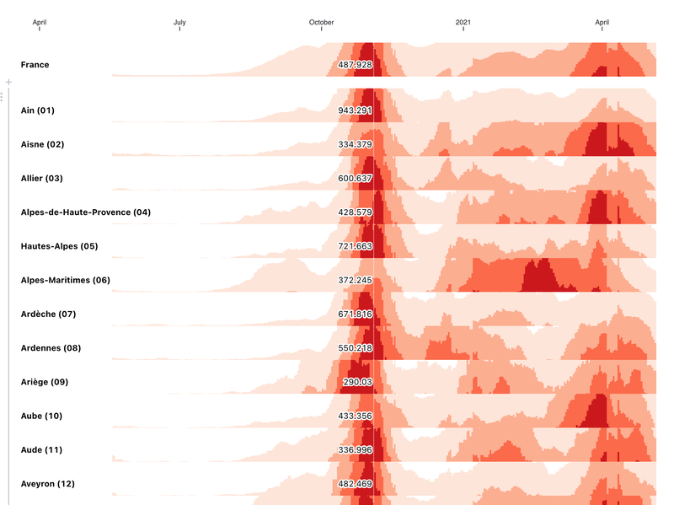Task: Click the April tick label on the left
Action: pyautogui.click(x=39, y=23)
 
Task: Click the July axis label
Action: pyautogui.click(x=179, y=23)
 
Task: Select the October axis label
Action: pyautogui.click(x=321, y=23)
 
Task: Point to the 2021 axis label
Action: pyautogui.click(x=463, y=23)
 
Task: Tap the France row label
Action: pyautogui.click(x=35, y=65)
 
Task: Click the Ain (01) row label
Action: pyautogui.click(x=37, y=110)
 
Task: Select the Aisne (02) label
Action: pyautogui.click(x=42, y=144)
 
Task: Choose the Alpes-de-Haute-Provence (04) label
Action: pyautogui.click(x=85, y=212)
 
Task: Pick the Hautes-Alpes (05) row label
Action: pyautogui.click(x=59, y=246)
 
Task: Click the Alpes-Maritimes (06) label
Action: pyautogui.click(x=65, y=280)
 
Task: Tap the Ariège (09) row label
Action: pyautogui.click(x=44, y=382)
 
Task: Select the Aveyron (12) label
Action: pyautogui.click(x=48, y=484)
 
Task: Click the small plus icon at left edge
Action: pyautogui.click(x=8, y=82)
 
